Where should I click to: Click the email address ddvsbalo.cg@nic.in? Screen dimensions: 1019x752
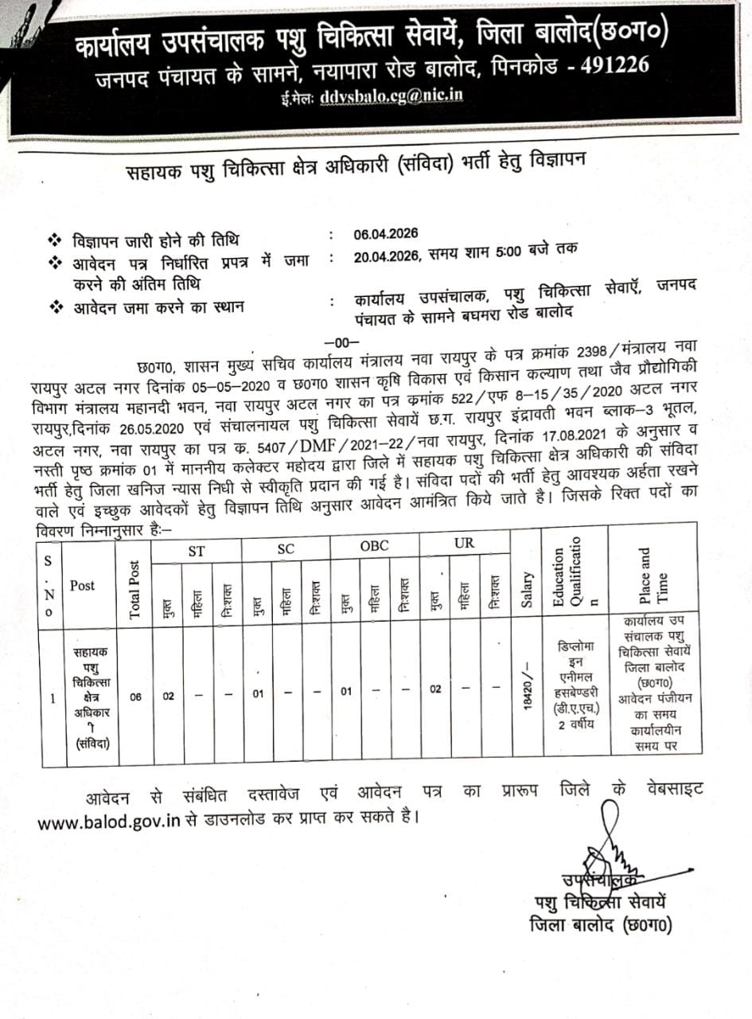pos(391,97)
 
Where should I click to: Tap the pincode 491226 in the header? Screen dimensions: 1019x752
pos(606,64)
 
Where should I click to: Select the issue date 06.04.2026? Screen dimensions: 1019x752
pos(385,234)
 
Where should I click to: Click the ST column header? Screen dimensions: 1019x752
pos(196,550)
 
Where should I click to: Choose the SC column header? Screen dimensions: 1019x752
pos(286,549)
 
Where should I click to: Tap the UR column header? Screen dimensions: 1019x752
pos(463,545)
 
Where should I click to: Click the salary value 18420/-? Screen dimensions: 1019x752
pos(526,689)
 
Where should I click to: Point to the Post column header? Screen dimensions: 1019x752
pos(82,585)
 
